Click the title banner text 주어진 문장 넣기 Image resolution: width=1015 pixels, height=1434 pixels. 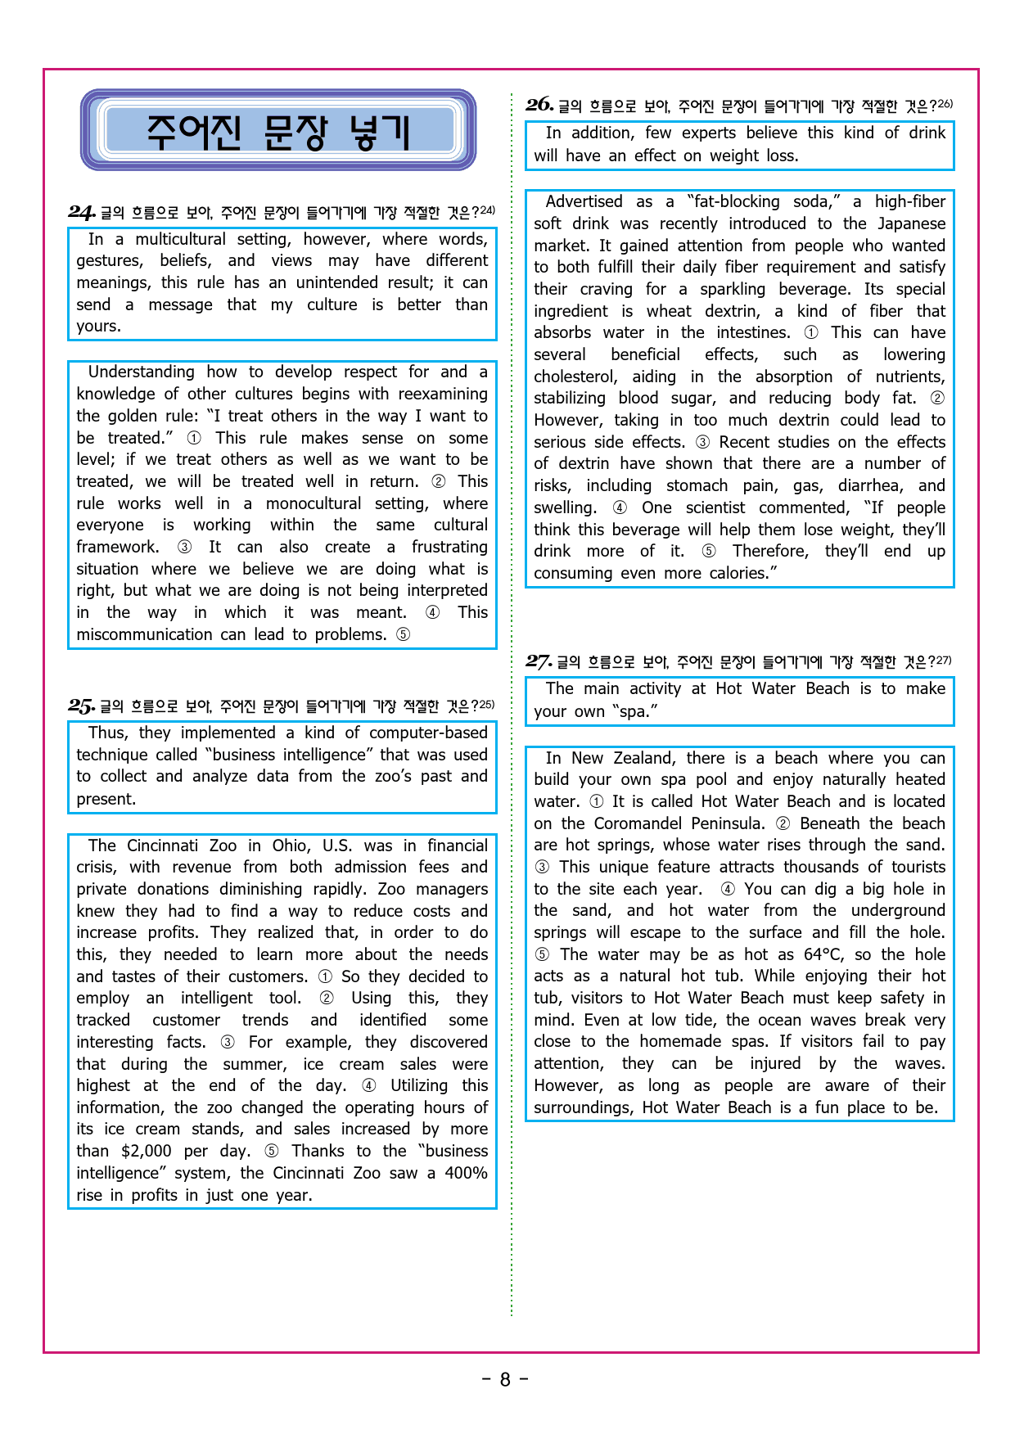coord(278,132)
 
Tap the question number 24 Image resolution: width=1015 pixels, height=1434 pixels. coord(82,213)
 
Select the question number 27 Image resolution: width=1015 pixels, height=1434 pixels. coord(539,661)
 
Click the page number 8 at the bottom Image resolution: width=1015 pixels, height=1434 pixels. coord(505,1379)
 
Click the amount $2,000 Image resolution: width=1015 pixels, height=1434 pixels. coord(147,1151)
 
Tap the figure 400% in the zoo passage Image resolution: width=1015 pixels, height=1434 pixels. coord(466,1173)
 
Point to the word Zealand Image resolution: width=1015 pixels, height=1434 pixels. coord(643,758)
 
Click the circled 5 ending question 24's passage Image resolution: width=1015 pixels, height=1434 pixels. coord(403,634)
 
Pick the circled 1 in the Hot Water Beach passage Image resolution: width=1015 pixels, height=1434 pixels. coord(596,801)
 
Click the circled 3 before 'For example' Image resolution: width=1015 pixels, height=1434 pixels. coord(228,1042)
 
